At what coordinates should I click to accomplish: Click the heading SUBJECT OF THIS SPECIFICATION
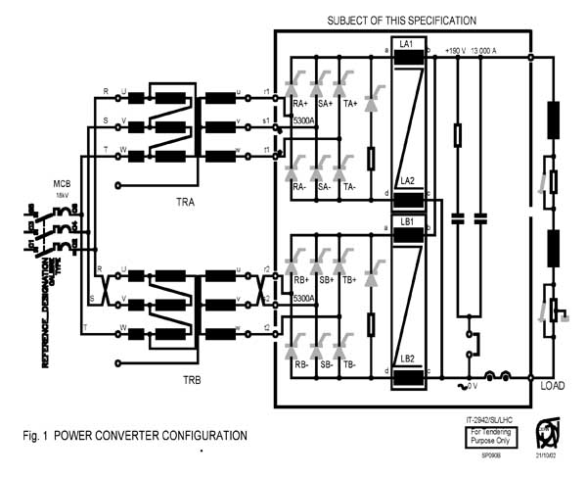pyautogui.click(x=402, y=20)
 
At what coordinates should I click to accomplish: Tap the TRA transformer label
pyautogui.click(x=177, y=195)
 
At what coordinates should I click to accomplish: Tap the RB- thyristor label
pyautogui.click(x=300, y=363)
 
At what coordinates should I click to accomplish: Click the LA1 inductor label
pyautogui.click(x=406, y=45)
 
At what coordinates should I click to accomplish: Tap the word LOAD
pyautogui.click(x=553, y=385)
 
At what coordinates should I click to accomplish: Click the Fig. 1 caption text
pyautogui.click(x=136, y=435)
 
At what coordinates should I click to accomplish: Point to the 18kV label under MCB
pyautogui.click(x=63, y=195)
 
